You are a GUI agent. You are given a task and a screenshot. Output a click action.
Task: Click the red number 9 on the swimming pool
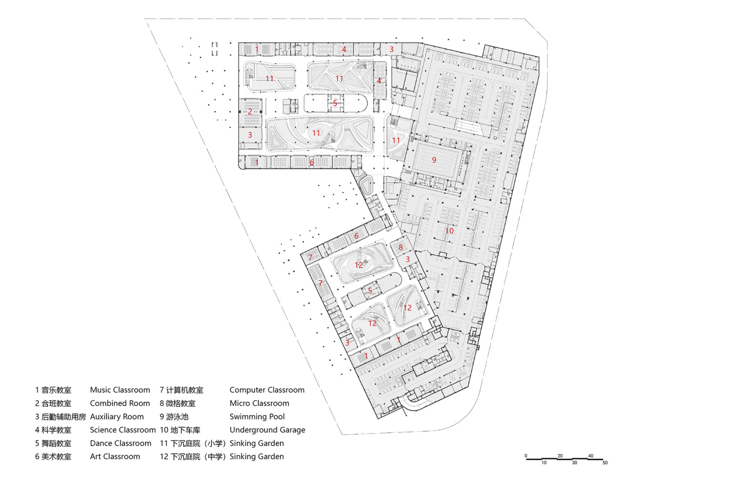point(434,160)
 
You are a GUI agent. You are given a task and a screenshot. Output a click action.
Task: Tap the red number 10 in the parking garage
point(450,231)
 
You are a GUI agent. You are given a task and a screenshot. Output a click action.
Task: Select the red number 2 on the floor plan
point(250,112)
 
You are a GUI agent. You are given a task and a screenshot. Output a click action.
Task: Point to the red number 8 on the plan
point(400,247)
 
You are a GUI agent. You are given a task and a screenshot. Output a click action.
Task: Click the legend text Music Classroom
point(120,390)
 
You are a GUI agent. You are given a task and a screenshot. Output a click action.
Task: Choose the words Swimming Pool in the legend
point(257,416)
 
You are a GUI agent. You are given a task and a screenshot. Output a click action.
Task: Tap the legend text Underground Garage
point(267,430)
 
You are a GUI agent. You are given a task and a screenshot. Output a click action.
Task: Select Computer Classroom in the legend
point(267,390)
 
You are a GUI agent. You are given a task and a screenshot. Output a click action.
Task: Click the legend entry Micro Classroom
point(259,403)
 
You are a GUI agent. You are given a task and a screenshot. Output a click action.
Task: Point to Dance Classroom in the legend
point(121,443)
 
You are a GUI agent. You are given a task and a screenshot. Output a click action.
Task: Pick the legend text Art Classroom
point(115,456)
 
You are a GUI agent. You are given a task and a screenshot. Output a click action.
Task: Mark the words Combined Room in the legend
point(120,403)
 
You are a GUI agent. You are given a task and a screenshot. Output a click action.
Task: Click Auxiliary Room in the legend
point(117,416)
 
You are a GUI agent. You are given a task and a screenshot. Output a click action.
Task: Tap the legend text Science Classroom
point(123,430)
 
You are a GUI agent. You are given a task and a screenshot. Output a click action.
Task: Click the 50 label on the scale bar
point(605,463)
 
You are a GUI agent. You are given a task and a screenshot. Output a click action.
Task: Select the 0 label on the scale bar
point(526,456)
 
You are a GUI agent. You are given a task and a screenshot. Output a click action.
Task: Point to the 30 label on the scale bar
point(574,463)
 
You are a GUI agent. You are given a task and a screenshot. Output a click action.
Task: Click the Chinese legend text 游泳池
point(177,417)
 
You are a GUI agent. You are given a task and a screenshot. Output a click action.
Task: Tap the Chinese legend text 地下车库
point(185,430)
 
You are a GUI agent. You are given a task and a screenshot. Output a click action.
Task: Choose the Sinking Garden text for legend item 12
point(256,456)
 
